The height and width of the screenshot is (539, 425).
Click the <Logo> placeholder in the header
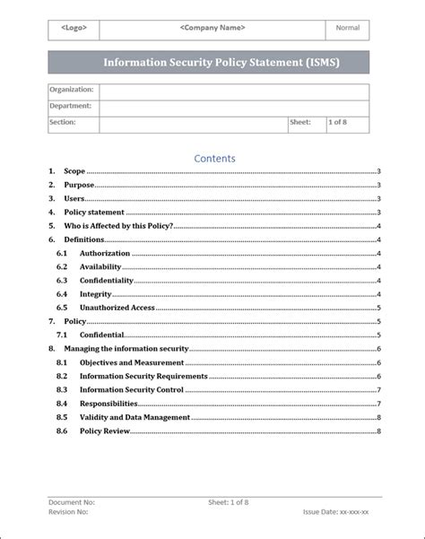[74, 28]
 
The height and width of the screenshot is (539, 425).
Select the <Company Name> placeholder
[212, 28]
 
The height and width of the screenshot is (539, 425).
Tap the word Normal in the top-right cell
[347, 28]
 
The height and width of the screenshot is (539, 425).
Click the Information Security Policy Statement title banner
[208, 63]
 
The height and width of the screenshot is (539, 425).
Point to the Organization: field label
[72, 91]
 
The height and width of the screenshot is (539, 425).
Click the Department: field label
[70, 107]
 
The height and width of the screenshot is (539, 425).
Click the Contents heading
[214, 159]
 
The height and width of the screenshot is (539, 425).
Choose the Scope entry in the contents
[74, 171]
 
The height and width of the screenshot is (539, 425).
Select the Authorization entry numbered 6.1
[105, 254]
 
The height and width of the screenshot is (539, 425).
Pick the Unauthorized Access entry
[117, 308]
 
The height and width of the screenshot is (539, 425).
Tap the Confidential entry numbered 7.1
[108, 335]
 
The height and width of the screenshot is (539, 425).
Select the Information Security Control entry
[131, 390]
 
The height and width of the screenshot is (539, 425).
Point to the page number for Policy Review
[379, 431]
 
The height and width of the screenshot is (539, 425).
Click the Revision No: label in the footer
[68, 512]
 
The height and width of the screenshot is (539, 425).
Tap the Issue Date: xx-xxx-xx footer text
[342, 512]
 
